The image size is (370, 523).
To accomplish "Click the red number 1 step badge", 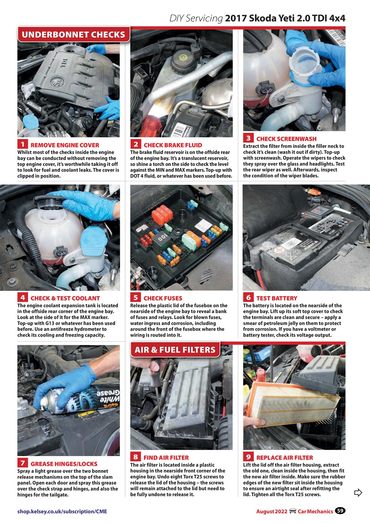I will coord(22,144).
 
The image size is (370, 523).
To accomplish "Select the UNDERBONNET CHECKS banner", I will coord(74,35).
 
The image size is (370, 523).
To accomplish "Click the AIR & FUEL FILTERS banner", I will coord(175,350).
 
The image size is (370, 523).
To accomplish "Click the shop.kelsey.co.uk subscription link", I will coord(62,511).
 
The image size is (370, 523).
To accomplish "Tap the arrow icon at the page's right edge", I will coord(358,493).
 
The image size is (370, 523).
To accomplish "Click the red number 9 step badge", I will coord(248,457).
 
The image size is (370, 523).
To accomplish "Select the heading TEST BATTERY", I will coord(276,298).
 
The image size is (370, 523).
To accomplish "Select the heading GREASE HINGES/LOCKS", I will coord(64,464).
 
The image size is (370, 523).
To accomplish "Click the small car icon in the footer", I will coord(293,511).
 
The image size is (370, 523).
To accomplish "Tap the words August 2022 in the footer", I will coord(271,511).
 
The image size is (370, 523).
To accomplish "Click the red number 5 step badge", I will coord(135,297).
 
